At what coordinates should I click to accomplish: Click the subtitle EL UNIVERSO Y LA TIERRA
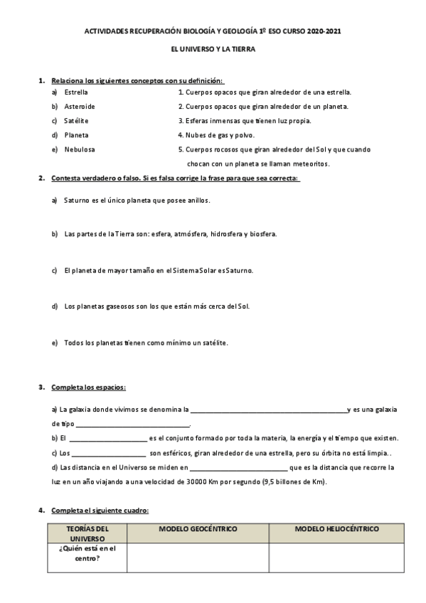click(213, 50)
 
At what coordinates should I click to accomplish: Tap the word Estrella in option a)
click(76, 92)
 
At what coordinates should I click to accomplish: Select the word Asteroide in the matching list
click(80, 107)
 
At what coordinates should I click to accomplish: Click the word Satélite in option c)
click(76, 121)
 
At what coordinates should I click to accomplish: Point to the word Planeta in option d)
click(76, 135)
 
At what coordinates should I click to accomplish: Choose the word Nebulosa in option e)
click(79, 149)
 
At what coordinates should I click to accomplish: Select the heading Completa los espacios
click(88, 388)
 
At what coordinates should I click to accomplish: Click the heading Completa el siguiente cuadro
click(100, 511)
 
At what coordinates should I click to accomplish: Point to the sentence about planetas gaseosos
click(156, 306)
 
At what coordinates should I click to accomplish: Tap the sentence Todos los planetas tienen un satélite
click(146, 343)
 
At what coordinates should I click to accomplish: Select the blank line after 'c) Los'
click(108, 454)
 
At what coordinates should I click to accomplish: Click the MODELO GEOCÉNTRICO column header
click(198, 530)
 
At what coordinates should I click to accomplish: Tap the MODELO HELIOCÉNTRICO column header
click(336, 530)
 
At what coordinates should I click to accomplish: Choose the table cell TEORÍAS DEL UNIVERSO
click(87, 534)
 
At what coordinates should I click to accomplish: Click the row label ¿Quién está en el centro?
click(87, 553)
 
